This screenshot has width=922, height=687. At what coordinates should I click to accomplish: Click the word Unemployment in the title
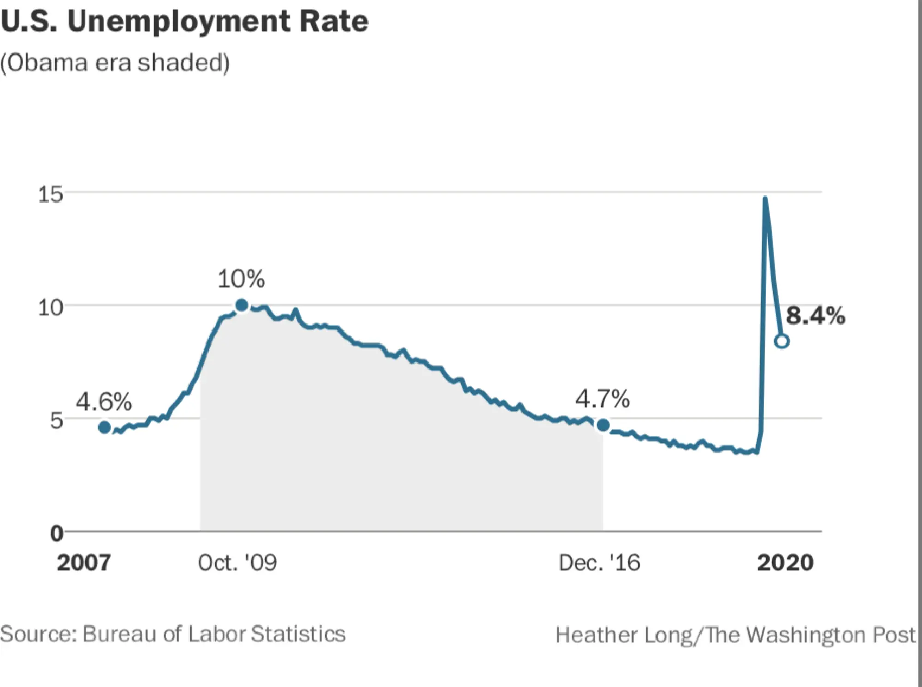pyautogui.click(x=178, y=21)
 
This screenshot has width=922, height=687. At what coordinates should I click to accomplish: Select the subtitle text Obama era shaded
pyautogui.click(x=115, y=63)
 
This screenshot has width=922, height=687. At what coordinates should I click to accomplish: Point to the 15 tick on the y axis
pyautogui.click(x=50, y=194)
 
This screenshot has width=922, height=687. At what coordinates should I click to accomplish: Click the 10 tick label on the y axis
pyautogui.click(x=50, y=307)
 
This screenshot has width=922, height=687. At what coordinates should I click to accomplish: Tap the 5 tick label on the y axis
pyautogui.click(x=56, y=420)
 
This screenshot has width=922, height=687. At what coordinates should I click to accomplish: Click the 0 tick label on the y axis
pyautogui.click(x=56, y=534)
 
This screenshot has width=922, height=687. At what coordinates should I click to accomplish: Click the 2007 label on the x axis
pyautogui.click(x=83, y=563)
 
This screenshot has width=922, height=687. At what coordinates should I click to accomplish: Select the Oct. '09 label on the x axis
pyautogui.click(x=237, y=563)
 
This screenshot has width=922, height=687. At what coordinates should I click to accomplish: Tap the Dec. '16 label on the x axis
pyautogui.click(x=599, y=563)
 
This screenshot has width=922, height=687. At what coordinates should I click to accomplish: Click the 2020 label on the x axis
pyautogui.click(x=785, y=563)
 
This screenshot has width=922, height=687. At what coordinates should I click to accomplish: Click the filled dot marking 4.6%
pyautogui.click(x=105, y=428)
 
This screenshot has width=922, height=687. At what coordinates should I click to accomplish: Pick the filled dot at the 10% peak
pyautogui.click(x=242, y=305)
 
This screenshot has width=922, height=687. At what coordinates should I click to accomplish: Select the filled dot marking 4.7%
pyautogui.click(x=603, y=425)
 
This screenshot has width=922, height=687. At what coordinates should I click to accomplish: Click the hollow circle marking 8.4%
pyautogui.click(x=782, y=341)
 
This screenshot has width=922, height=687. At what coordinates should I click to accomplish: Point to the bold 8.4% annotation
pyautogui.click(x=815, y=316)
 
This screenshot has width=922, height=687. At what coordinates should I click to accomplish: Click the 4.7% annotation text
pyautogui.click(x=602, y=399)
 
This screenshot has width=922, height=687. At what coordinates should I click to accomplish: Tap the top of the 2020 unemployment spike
pyautogui.click(x=765, y=199)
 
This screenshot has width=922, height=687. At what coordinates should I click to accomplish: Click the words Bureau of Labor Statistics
pyautogui.click(x=214, y=634)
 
